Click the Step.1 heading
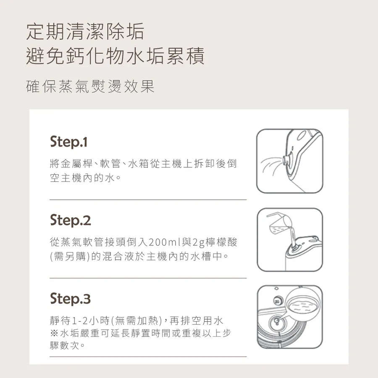pyautogui.click(x=68, y=142)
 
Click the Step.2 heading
pyautogui.click(x=71, y=220)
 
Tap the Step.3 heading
pyautogui.click(x=71, y=299)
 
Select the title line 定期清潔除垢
pyautogui.click(x=85, y=31)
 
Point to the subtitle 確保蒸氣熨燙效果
pyautogui.click(x=90, y=86)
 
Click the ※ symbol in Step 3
pyautogui.click(x=54, y=333)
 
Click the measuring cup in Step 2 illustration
pyautogui.click(x=280, y=224)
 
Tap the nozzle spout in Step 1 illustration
pyautogui.click(x=286, y=160)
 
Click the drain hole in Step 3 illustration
pyautogui.click(x=276, y=321)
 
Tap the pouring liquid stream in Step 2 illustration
pyautogui.click(x=293, y=237)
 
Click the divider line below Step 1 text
pyautogui.click(x=148, y=199)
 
